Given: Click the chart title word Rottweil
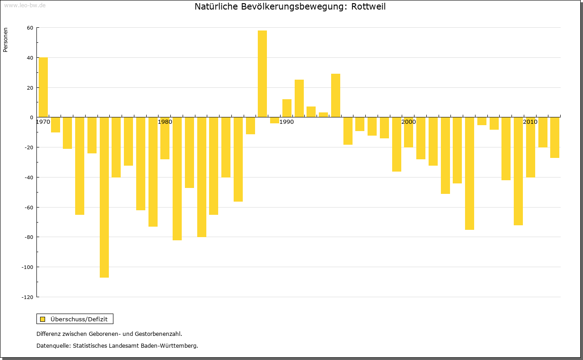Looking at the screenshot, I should tap(368, 7).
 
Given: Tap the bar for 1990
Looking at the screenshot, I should tap(287, 108).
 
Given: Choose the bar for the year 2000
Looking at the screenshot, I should tap(409, 132).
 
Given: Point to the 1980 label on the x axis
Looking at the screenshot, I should tap(165, 122).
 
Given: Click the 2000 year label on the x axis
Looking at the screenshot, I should tap(409, 122).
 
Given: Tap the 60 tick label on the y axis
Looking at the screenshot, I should tap(30, 28).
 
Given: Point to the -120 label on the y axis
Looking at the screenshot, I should tap(28, 297).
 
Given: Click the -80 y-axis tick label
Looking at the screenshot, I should tap(29, 237).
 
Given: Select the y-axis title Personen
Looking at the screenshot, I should tap(5, 40).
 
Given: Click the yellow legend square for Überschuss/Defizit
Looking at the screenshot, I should tap(43, 319).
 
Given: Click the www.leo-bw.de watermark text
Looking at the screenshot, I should tap(25, 5).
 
